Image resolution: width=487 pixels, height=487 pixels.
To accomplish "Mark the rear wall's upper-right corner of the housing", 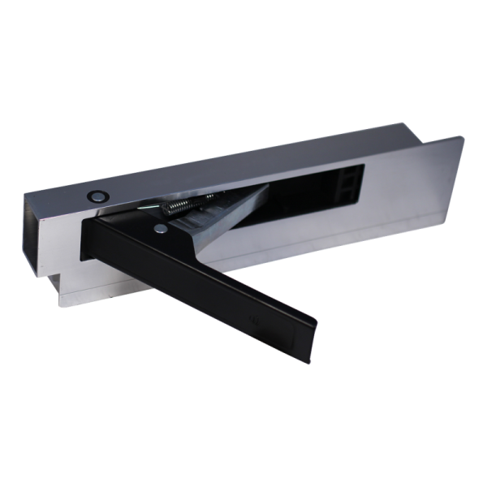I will (x=405, y=123).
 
